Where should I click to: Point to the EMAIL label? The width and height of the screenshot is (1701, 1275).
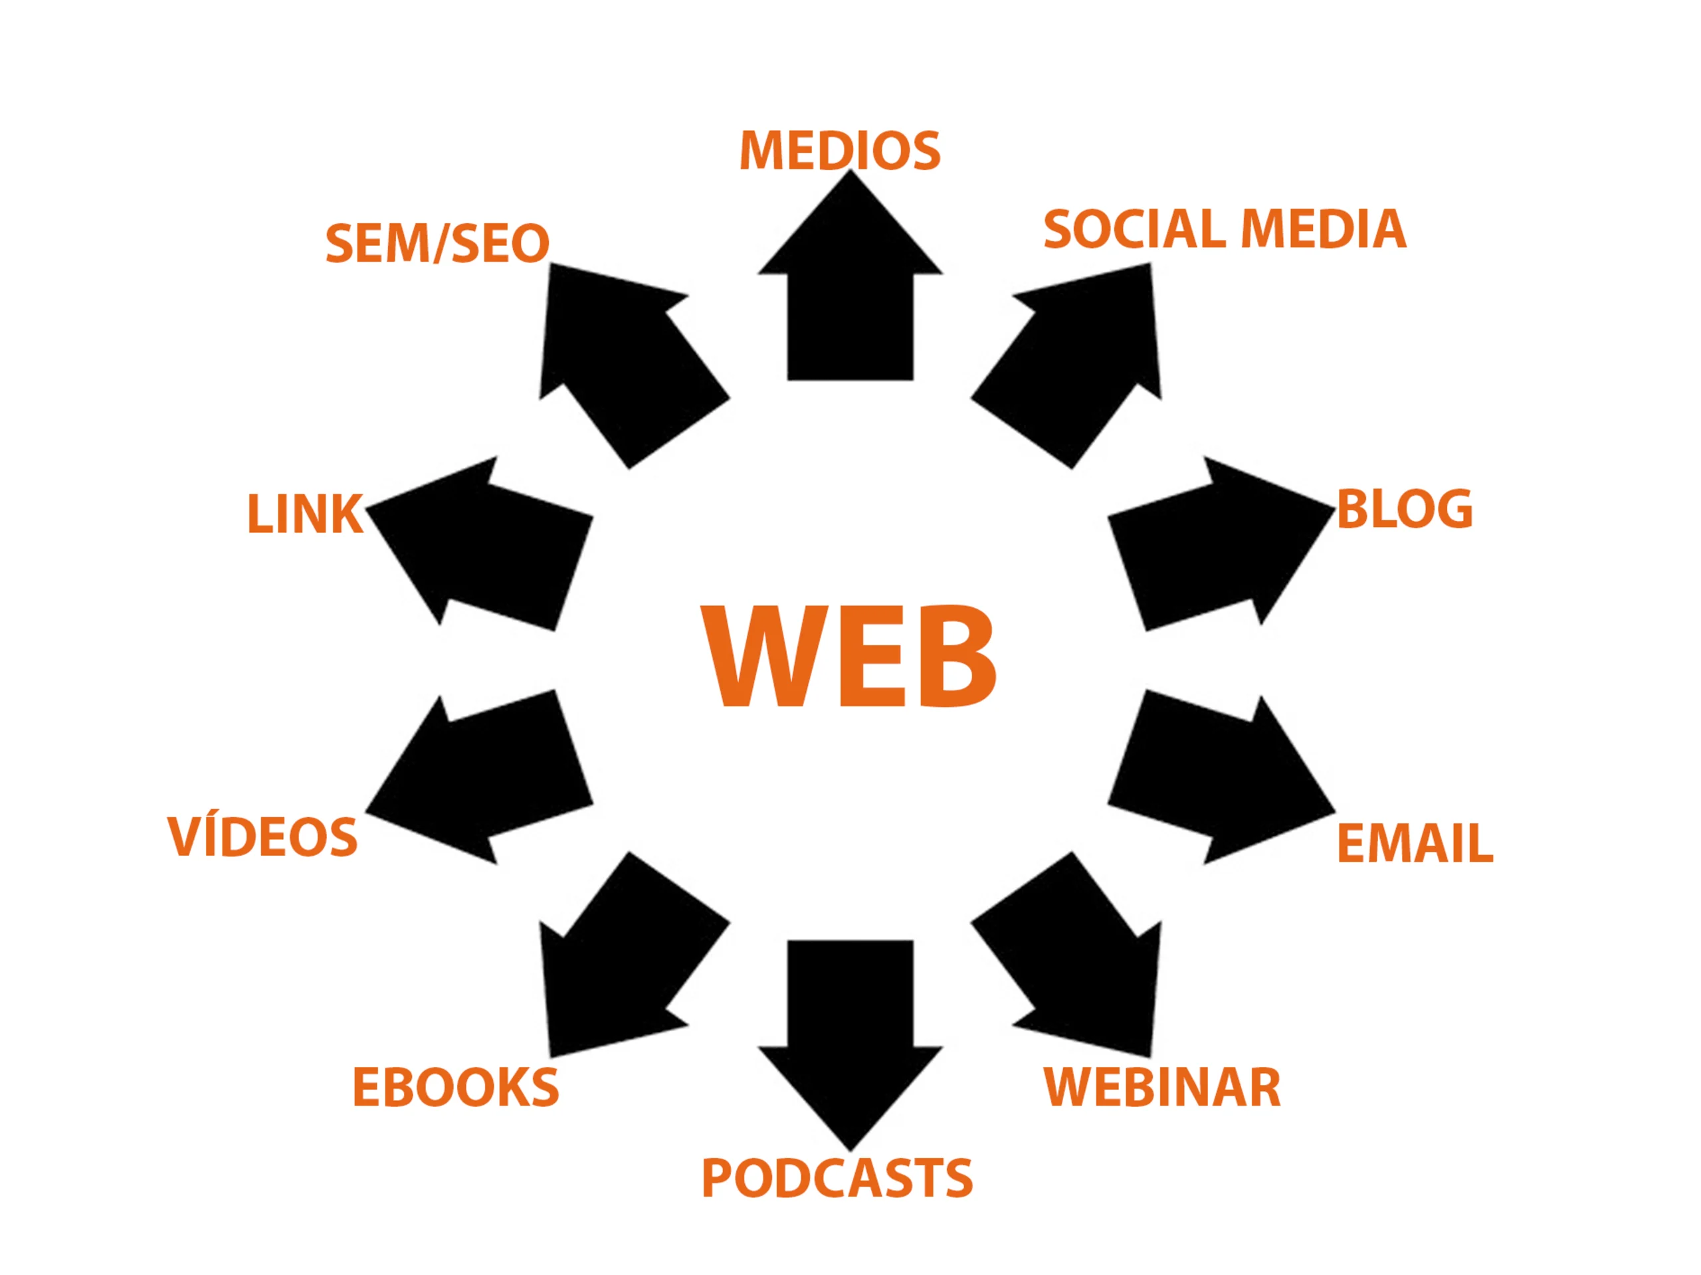[x=1415, y=844]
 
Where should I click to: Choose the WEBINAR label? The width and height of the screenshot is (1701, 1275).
[x=1162, y=1088]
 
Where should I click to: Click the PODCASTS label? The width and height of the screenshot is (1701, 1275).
[x=837, y=1179]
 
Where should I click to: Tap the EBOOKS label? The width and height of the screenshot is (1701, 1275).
[x=455, y=1088]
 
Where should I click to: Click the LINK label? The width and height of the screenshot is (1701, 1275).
[x=304, y=514]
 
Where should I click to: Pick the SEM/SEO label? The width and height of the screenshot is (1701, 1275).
[x=437, y=243]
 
